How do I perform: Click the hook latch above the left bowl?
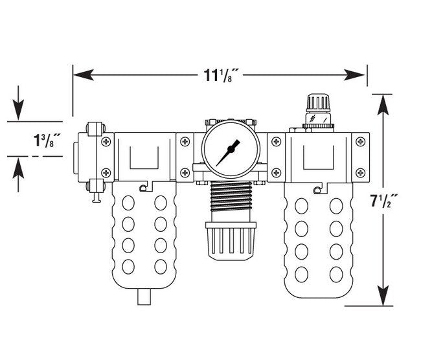pos(142,188)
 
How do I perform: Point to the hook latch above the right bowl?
pos(317,189)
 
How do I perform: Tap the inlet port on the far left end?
pos(78,156)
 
